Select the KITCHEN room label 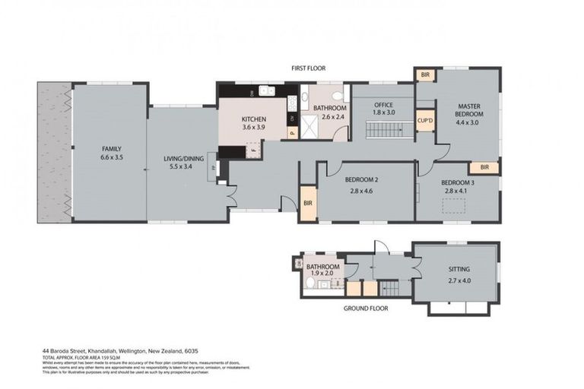point(254,119)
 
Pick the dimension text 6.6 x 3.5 point(112,157)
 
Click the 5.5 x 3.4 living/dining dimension point(182,167)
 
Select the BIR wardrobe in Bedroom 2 point(308,204)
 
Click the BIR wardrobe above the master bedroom point(424,75)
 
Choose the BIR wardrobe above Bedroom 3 point(484,167)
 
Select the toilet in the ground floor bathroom point(309,283)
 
